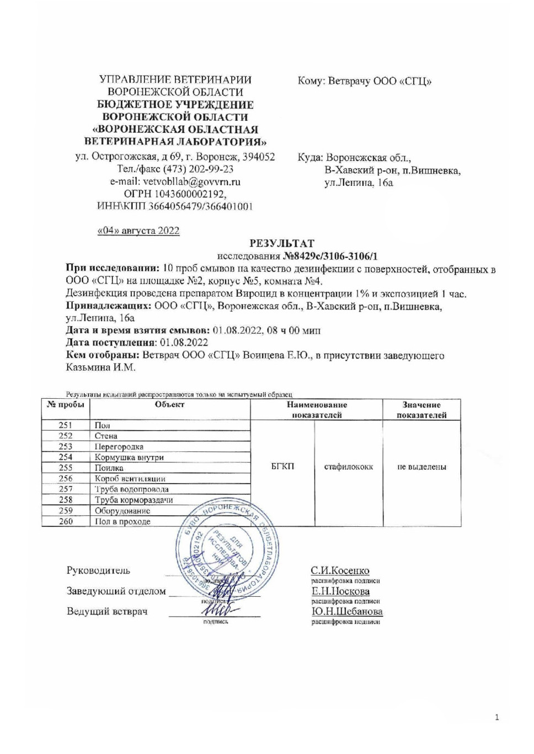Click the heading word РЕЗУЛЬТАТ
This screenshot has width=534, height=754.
point(282,243)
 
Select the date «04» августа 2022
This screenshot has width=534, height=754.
point(138,231)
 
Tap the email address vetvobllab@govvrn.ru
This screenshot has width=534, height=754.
point(191,181)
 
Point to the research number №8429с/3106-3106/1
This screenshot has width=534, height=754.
point(330,256)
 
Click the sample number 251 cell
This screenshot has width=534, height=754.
point(66,425)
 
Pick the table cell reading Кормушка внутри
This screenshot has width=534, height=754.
point(129,457)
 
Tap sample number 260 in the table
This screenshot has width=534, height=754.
point(66,521)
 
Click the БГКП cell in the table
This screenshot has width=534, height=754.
point(282,467)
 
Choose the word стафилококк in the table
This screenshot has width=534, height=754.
point(348,467)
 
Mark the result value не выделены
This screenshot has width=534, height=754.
point(421,467)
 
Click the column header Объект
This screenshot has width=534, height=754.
point(169,405)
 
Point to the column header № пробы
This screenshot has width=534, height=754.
point(66,405)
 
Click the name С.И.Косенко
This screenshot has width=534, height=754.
point(340,570)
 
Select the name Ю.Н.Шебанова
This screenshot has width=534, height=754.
point(347,611)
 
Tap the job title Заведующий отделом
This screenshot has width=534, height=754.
point(116,591)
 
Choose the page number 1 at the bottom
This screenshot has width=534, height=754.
point(497,717)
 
